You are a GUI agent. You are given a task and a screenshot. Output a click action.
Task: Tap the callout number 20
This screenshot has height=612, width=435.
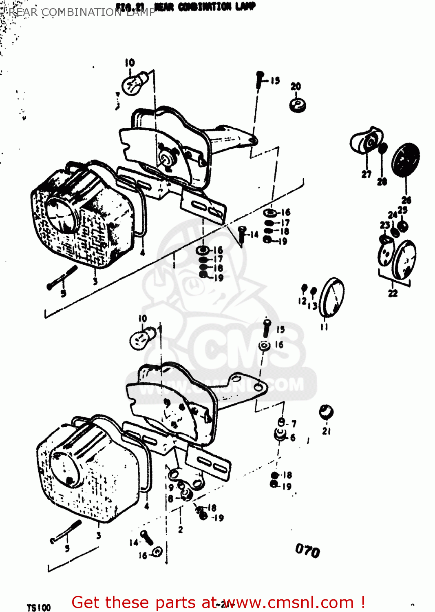296,86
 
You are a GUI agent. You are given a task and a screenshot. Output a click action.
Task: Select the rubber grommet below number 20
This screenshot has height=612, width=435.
298,104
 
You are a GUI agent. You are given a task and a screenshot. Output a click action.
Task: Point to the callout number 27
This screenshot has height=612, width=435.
367,174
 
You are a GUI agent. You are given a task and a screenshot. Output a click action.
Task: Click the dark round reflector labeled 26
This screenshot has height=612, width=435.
406,159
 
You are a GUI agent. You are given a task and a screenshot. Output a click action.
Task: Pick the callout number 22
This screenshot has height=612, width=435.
393,293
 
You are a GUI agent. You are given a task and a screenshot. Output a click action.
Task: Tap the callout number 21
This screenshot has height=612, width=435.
326,431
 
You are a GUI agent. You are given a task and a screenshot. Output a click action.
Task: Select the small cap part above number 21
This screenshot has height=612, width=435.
326,412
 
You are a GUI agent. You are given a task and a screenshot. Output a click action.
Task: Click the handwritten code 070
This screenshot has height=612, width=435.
307,551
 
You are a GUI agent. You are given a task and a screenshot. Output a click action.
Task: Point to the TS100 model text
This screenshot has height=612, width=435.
39,608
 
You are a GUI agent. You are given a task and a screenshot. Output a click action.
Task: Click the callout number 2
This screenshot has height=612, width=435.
180,530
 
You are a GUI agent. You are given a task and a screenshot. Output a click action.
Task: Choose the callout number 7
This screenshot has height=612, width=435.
294,424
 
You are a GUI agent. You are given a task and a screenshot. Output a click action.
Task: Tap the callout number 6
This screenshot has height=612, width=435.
292,437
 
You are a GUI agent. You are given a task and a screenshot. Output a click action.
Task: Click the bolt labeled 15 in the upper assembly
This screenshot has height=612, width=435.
260,80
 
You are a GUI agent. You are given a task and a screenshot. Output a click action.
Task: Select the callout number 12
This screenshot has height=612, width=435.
302,301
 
